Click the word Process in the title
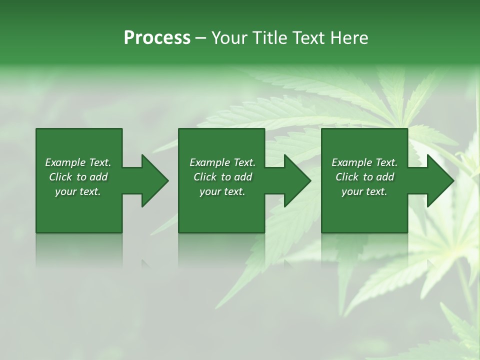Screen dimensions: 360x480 point(157,38)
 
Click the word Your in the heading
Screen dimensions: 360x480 point(230,38)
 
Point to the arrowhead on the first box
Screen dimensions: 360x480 point(154,180)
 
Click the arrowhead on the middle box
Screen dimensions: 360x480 point(297,180)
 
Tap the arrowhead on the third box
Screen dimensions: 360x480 point(439,180)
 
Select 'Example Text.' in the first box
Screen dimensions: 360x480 point(78,162)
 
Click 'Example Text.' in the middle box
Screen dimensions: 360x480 point(222,162)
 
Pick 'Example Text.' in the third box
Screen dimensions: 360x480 point(364,162)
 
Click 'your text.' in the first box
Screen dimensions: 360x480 point(78,191)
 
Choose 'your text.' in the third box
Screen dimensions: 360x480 point(364,191)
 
